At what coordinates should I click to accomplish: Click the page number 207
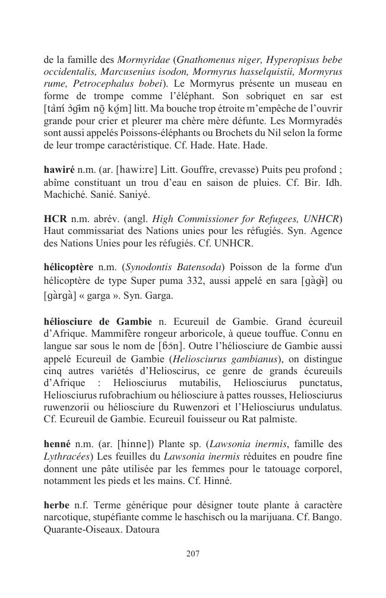point(192,553)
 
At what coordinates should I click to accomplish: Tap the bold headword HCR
point(55,219)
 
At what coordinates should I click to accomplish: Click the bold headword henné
point(57,444)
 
